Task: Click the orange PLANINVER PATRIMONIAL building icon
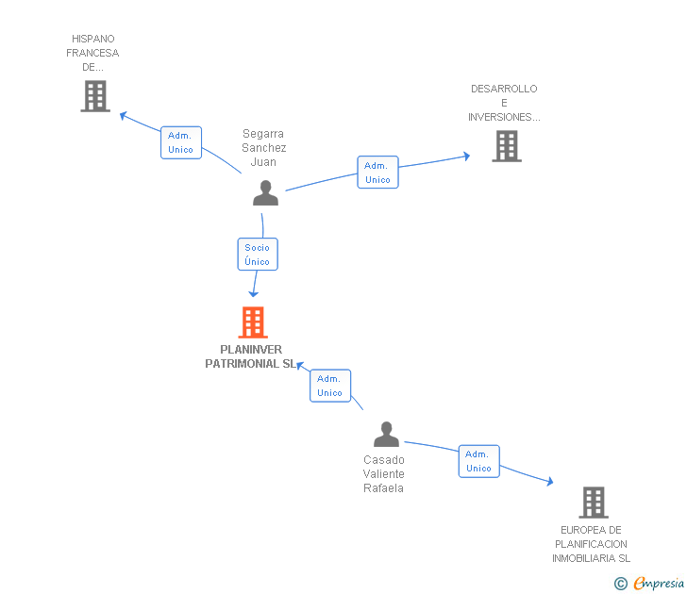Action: (253, 322)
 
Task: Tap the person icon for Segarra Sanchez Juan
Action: (265, 192)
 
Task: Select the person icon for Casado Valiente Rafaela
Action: (387, 434)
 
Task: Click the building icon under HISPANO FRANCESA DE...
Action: (95, 96)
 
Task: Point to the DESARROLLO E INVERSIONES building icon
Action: (507, 146)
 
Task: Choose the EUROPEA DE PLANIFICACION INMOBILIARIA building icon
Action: (594, 503)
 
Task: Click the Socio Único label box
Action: (258, 255)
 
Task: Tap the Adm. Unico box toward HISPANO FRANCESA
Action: (181, 142)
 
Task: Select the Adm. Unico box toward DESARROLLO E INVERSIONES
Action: (377, 173)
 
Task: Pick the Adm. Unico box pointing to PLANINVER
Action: (330, 386)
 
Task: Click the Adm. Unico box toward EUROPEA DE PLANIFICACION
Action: (478, 461)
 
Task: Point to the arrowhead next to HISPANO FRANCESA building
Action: (123, 116)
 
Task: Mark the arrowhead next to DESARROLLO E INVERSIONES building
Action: (466, 157)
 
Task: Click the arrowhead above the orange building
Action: (253, 294)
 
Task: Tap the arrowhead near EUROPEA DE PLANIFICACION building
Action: (550, 482)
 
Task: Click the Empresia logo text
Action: (659, 583)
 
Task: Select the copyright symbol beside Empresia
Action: (621, 584)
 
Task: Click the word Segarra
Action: (263, 134)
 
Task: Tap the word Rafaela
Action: (383, 488)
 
